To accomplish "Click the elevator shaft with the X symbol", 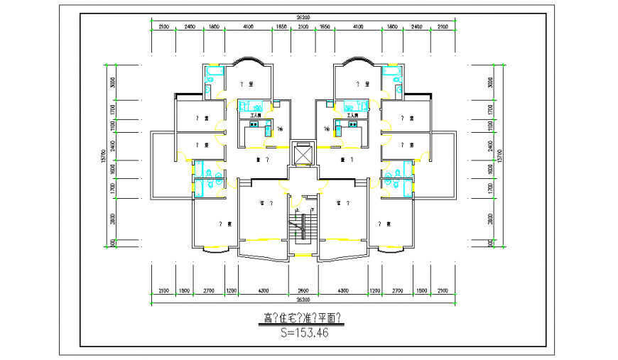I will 303,154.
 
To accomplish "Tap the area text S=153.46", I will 303,332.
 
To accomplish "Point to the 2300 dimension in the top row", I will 303,26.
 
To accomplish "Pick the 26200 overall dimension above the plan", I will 303,17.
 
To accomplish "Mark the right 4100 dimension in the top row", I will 358,26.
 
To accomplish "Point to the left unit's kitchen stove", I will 253,124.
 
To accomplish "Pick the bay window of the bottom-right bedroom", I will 393,249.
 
